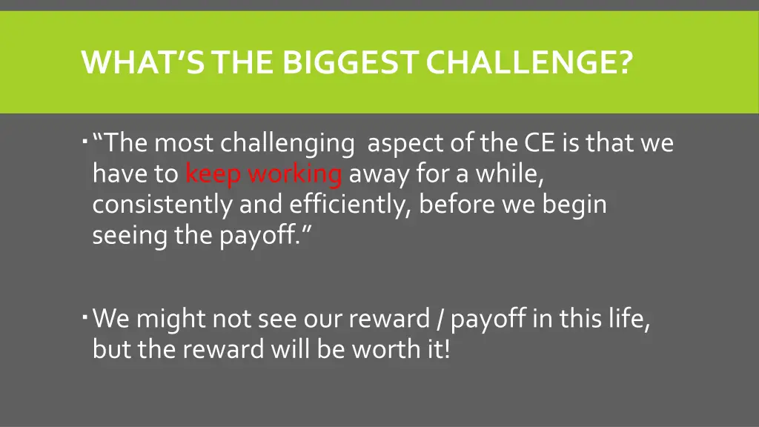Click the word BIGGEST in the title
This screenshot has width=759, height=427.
pyautogui.click(x=350, y=62)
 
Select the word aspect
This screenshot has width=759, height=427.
pyautogui.click(x=407, y=144)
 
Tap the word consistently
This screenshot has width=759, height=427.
pyautogui.click(x=162, y=205)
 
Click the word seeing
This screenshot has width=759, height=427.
pyautogui.click(x=130, y=236)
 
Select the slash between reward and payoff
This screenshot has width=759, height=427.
pyautogui.click(x=441, y=320)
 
